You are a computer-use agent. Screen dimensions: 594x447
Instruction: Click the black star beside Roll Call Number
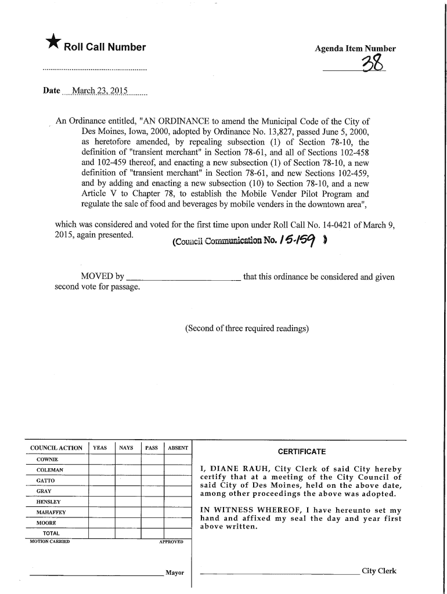[52, 44]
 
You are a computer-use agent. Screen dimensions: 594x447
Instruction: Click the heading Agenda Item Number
[355, 49]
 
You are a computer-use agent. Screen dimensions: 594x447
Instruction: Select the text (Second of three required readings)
[247, 329]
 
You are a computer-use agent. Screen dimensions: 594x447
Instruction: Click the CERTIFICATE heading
[301, 452]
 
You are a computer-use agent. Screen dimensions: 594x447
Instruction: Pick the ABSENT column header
[177, 448]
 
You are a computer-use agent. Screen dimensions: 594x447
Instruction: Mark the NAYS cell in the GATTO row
[127, 480]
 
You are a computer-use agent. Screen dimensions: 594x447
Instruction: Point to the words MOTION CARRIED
[49, 542]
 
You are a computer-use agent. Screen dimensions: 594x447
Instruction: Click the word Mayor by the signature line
[175, 573]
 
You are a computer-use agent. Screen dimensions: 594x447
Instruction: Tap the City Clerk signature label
[378, 571]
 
